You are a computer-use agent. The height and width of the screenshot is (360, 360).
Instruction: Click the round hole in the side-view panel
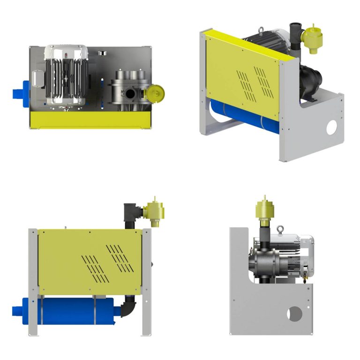(295, 314)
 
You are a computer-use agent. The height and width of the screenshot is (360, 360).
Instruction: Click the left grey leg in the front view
(33, 281)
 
